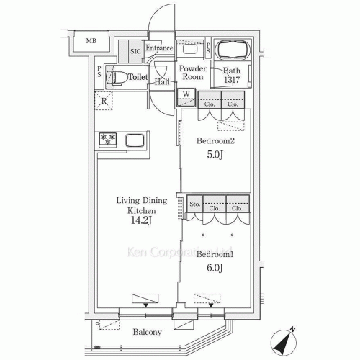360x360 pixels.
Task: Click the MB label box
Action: (91, 41)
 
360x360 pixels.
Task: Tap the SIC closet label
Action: (135, 51)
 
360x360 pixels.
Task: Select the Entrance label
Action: (159, 48)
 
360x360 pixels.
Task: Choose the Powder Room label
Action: (193, 73)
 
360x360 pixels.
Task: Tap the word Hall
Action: (161, 82)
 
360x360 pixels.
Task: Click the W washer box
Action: (186, 94)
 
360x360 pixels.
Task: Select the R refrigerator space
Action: (105, 101)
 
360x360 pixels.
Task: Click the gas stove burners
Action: (107, 138)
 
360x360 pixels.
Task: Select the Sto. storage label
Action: (194, 204)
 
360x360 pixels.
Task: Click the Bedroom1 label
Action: (215, 254)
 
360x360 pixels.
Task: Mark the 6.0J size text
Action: (215, 269)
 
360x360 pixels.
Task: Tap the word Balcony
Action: (147, 332)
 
